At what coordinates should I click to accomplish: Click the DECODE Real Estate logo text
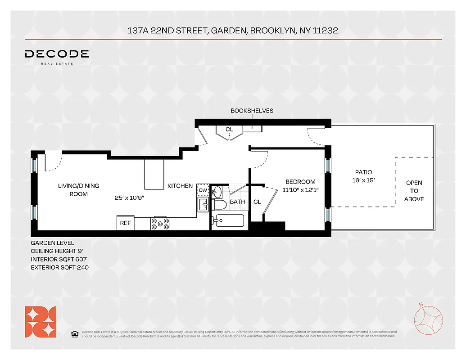pos(57,54)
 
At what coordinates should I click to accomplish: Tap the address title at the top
pos(233,31)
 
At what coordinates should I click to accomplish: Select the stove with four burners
pos(161,223)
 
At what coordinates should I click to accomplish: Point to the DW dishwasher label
pos(203,190)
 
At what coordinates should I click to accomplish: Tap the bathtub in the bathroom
pos(228,220)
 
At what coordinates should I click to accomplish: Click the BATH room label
pos(238,202)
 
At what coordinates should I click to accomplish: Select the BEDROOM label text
pos(300,182)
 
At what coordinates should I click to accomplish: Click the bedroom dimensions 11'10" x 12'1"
pos(300,190)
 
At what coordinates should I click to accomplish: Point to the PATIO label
pos(363,172)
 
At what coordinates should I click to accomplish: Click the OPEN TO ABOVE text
pos(414,191)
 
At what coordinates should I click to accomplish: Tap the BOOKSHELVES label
pos(252,111)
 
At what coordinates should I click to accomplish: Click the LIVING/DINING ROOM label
pos(78,189)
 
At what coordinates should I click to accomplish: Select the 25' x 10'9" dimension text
pos(129,198)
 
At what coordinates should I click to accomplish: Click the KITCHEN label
pos(180,186)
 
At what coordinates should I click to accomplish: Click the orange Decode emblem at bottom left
pos(41,322)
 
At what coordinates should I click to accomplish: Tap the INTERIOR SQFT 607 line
pos(58,260)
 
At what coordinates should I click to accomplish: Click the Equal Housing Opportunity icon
pos(75,333)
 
